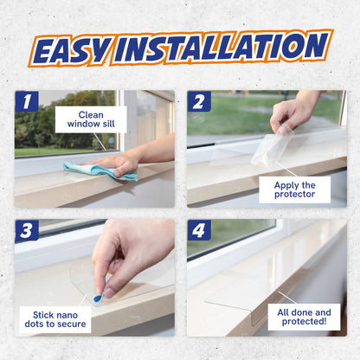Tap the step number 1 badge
tap(27, 101)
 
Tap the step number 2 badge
tap(200, 101)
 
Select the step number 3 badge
tap(27, 229)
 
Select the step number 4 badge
tap(200, 229)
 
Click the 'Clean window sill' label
tap(90, 119)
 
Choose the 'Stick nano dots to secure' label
tap(55, 318)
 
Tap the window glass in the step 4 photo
tap(229, 235)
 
